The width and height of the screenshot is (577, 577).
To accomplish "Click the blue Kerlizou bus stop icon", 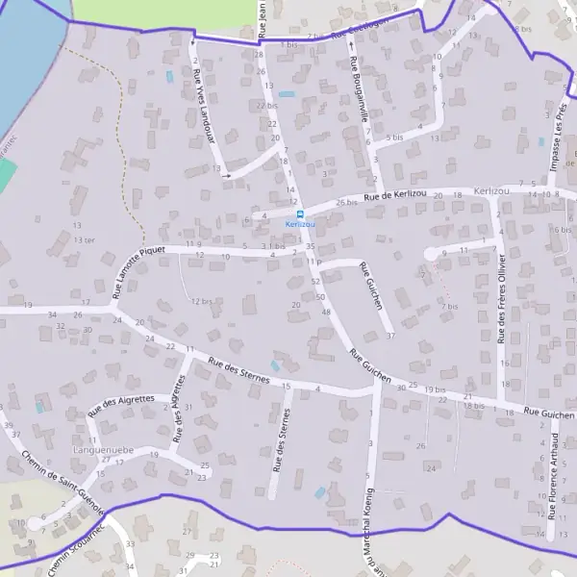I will coord(300,213).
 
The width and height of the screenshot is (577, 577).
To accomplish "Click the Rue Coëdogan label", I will coord(359,29).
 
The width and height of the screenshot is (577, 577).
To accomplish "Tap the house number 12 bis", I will coord(201,301).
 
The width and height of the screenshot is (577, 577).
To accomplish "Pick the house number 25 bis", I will coord(346,203).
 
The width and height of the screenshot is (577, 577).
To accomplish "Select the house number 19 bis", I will coord(436,389).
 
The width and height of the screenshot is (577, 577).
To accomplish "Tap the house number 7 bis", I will coord(449,307).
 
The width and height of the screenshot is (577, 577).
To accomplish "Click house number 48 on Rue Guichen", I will coord(326,313).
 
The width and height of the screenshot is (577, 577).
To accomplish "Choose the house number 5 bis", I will coord(393,138).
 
